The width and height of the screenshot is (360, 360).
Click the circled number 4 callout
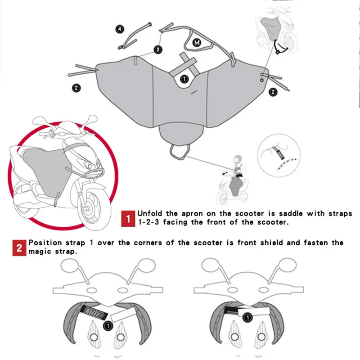[119, 29]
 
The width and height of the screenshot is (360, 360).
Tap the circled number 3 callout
[158, 49]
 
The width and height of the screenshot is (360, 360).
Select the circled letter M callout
[197, 42]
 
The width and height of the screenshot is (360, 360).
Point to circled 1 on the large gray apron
[184, 79]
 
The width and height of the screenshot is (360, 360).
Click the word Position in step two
[47, 243]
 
